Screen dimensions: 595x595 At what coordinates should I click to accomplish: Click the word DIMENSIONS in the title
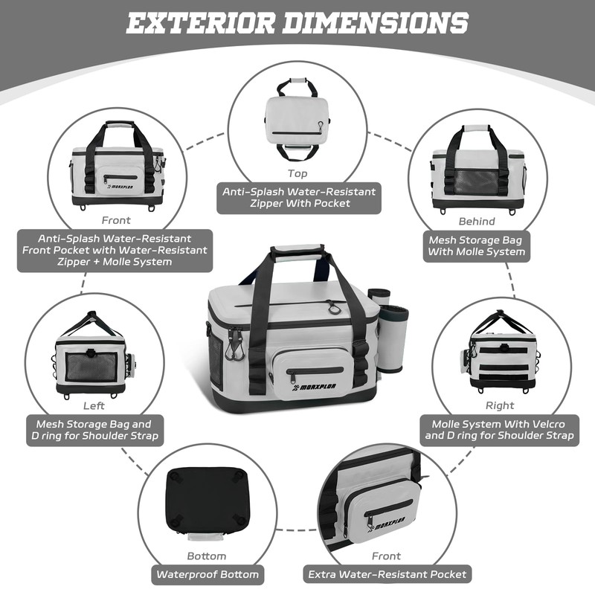[376, 23]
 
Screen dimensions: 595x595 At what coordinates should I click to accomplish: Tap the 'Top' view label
[297, 173]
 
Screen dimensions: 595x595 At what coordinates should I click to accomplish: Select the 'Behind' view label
[477, 221]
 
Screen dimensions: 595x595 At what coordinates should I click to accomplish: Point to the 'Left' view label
[94, 406]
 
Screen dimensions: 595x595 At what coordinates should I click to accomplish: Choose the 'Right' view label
[499, 405]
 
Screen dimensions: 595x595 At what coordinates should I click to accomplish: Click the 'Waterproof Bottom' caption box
[208, 574]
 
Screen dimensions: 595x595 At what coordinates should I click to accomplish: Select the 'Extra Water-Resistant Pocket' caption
[387, 574]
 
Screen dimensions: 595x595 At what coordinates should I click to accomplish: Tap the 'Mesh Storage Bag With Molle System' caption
[477, 246]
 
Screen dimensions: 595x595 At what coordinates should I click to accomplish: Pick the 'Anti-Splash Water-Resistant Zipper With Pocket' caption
[298, 197]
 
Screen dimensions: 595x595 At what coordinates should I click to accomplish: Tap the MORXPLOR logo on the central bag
[304, 387]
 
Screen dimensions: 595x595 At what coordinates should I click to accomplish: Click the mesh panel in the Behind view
[478, 181]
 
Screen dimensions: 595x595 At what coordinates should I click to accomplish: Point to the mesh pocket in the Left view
[91, 366]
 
